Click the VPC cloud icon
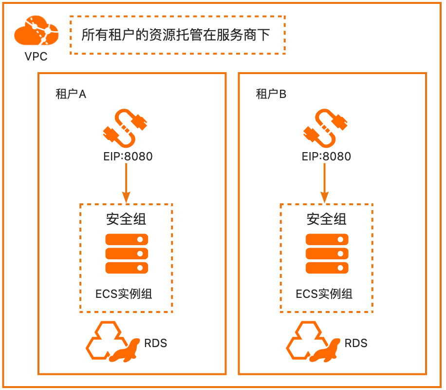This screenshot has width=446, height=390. tap(36, 32)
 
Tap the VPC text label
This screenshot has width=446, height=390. tap(36, 57)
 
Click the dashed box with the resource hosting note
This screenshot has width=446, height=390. tap(177, 35)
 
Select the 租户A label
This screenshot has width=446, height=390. tap(71, 95)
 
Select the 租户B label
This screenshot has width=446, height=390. tap(271, 95)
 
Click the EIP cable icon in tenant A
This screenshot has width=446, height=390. tap(126, 128)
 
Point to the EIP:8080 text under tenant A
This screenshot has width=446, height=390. tap(126, 156)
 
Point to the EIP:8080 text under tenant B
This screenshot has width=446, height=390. tap(326, 156)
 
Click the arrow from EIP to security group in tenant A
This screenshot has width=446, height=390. tap(126, 183)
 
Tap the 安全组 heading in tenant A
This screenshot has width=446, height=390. tap(126, 219)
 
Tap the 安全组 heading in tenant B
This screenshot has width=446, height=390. tap(327, 219)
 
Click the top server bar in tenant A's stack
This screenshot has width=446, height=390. tap(127, 240)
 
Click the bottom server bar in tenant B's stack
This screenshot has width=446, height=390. tap(327, 268)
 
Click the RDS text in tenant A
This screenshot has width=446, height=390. tap(155, 343)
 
